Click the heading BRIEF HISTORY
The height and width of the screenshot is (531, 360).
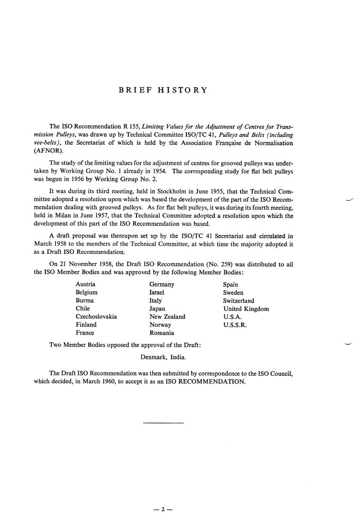[163, 90]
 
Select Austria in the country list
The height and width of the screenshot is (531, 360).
[85, 284]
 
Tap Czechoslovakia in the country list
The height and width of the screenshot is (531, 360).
[96, 317]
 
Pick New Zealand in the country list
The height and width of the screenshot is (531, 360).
[167, 317]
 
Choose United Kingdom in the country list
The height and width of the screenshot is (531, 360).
[246, 308]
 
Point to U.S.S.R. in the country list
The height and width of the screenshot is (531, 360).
[235, 325]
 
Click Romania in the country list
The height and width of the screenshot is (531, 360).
[161, 333]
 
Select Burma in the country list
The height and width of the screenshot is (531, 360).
[84, 300]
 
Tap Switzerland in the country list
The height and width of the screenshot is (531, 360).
[239, 300]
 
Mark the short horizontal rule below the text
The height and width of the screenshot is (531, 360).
[163, 422]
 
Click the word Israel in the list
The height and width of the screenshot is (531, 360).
[157, 292]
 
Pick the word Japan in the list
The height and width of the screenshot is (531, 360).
[157, 308]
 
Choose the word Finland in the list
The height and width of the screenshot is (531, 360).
[86, 325]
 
